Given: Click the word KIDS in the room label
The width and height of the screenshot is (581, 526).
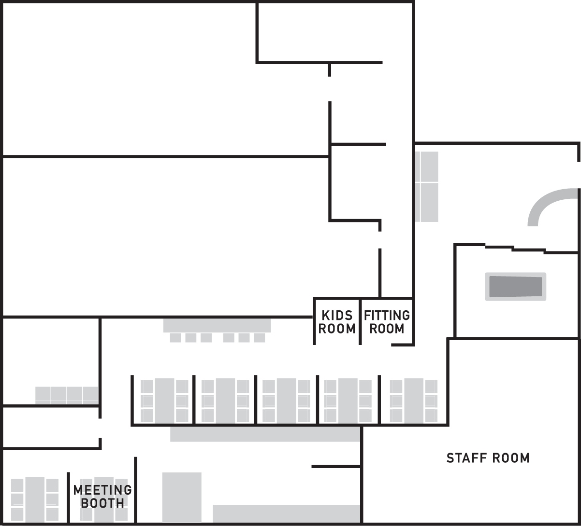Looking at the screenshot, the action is (337, 315).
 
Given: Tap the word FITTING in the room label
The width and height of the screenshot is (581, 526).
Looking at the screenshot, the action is (387, 315).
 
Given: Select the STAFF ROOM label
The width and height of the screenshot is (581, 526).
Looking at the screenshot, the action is (488, 458).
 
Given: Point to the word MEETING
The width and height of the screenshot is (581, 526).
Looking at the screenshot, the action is (102, 490).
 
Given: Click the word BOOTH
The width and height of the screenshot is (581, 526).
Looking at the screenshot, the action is (102, 503).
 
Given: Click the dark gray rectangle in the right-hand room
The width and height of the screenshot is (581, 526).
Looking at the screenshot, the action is (516, 287).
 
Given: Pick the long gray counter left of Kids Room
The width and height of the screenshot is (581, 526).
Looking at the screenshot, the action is (217, 325).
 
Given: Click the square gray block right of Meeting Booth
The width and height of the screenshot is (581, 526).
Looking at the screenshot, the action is (182, 498).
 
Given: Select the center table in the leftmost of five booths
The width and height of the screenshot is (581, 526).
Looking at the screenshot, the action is (164, 401).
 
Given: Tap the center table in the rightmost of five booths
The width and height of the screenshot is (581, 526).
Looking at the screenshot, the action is (414, 401).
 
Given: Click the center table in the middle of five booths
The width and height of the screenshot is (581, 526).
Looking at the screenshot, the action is (287, 401).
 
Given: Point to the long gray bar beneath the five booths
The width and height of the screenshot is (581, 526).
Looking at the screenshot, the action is (265, 434).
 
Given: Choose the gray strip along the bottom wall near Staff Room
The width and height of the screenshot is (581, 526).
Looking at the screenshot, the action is (287, 514).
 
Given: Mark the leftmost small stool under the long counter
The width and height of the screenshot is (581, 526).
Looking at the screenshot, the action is (175, 338).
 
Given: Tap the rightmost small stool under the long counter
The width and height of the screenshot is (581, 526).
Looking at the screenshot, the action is (259, 338).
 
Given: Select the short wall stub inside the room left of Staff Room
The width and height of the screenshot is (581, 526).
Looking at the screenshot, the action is (336, 467).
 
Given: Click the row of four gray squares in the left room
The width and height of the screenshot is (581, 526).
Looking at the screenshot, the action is (67, 395).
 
